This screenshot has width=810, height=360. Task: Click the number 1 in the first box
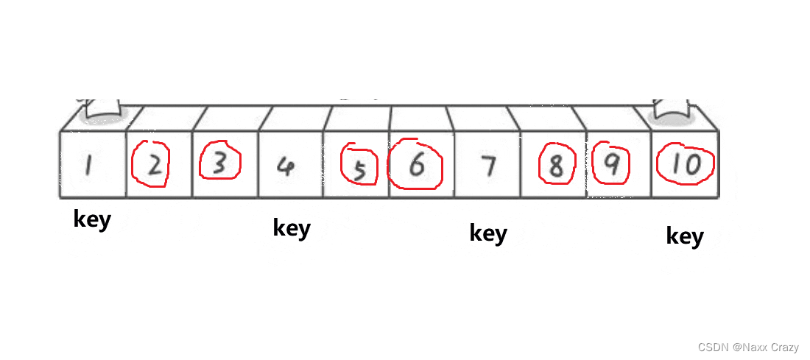click(88, 166)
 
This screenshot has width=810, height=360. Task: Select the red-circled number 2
click(153, 166)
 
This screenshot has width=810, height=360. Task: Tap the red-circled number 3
click(219, 164)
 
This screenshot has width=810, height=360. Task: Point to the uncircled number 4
click(287, 166)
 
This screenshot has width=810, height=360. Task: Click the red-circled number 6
click(417, 166)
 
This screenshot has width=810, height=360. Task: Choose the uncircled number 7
click(487, 167)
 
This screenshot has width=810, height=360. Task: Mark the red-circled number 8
click(557, 166)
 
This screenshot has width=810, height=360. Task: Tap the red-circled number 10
click(686, 165)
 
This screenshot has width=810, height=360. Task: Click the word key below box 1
click(92, 219)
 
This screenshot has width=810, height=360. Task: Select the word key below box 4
click(292, 227)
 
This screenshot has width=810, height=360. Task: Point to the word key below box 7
click(488, 233)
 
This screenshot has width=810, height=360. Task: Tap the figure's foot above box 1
click(102, 109)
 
